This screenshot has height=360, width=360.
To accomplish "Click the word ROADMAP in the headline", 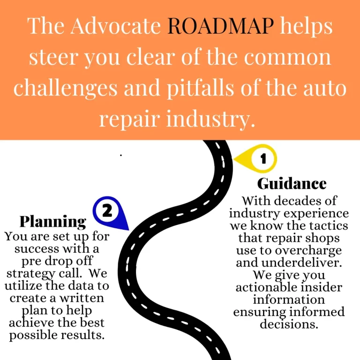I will [x=220, y=27].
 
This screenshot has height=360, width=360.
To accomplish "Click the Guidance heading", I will [x=292, y=183].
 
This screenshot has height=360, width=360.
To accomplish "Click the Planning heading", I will [x=52, y=221].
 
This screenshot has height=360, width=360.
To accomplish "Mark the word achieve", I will [x=32, y=323].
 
